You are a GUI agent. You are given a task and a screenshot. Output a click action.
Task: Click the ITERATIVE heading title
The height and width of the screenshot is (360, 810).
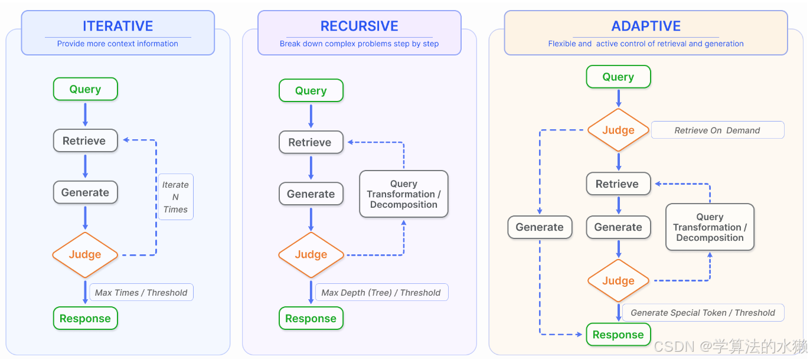click(118, 26)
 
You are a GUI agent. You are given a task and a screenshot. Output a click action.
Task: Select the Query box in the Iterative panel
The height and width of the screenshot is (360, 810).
click(86, 89)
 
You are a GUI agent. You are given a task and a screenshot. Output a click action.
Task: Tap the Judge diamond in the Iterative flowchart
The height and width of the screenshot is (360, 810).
click(85, 254)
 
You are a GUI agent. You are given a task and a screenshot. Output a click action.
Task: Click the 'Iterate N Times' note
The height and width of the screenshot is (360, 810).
click(176, 197)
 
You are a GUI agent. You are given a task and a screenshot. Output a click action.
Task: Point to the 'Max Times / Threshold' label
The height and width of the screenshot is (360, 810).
click(141, 292)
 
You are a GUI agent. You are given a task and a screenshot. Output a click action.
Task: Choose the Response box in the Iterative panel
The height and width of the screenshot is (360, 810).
click(86, 319)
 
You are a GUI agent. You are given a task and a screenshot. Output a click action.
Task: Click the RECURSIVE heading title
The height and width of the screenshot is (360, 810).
click(360, 26)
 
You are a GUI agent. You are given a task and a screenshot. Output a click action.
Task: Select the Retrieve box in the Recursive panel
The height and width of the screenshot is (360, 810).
click(311, 142)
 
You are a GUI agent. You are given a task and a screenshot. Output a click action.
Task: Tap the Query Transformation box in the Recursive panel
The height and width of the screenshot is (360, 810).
click(404, 194)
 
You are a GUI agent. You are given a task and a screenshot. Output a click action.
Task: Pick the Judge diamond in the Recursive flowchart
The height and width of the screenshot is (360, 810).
click(311, 254)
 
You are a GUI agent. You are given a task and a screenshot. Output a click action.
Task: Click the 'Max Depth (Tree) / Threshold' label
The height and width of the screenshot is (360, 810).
click(381, 292)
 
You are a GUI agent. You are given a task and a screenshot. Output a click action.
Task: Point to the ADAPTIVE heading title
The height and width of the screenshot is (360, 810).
click(646, 26)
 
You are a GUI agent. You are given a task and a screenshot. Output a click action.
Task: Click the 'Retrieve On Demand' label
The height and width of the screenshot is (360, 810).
click(717, 130)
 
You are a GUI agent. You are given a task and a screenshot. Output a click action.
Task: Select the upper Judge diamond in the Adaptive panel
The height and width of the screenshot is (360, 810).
click(618, 130)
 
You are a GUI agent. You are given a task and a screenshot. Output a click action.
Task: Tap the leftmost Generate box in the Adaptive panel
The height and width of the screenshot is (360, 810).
click(540, 227)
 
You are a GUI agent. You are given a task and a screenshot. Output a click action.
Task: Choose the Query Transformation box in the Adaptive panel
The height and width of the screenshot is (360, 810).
click(710, 227)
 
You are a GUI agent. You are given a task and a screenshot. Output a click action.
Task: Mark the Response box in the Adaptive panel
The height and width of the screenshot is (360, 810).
click(618, 335)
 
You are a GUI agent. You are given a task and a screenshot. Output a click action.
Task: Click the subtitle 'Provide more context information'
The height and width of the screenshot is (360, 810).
click(117, 44)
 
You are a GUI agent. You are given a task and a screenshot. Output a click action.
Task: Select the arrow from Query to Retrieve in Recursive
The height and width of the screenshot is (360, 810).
click(311, 116)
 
